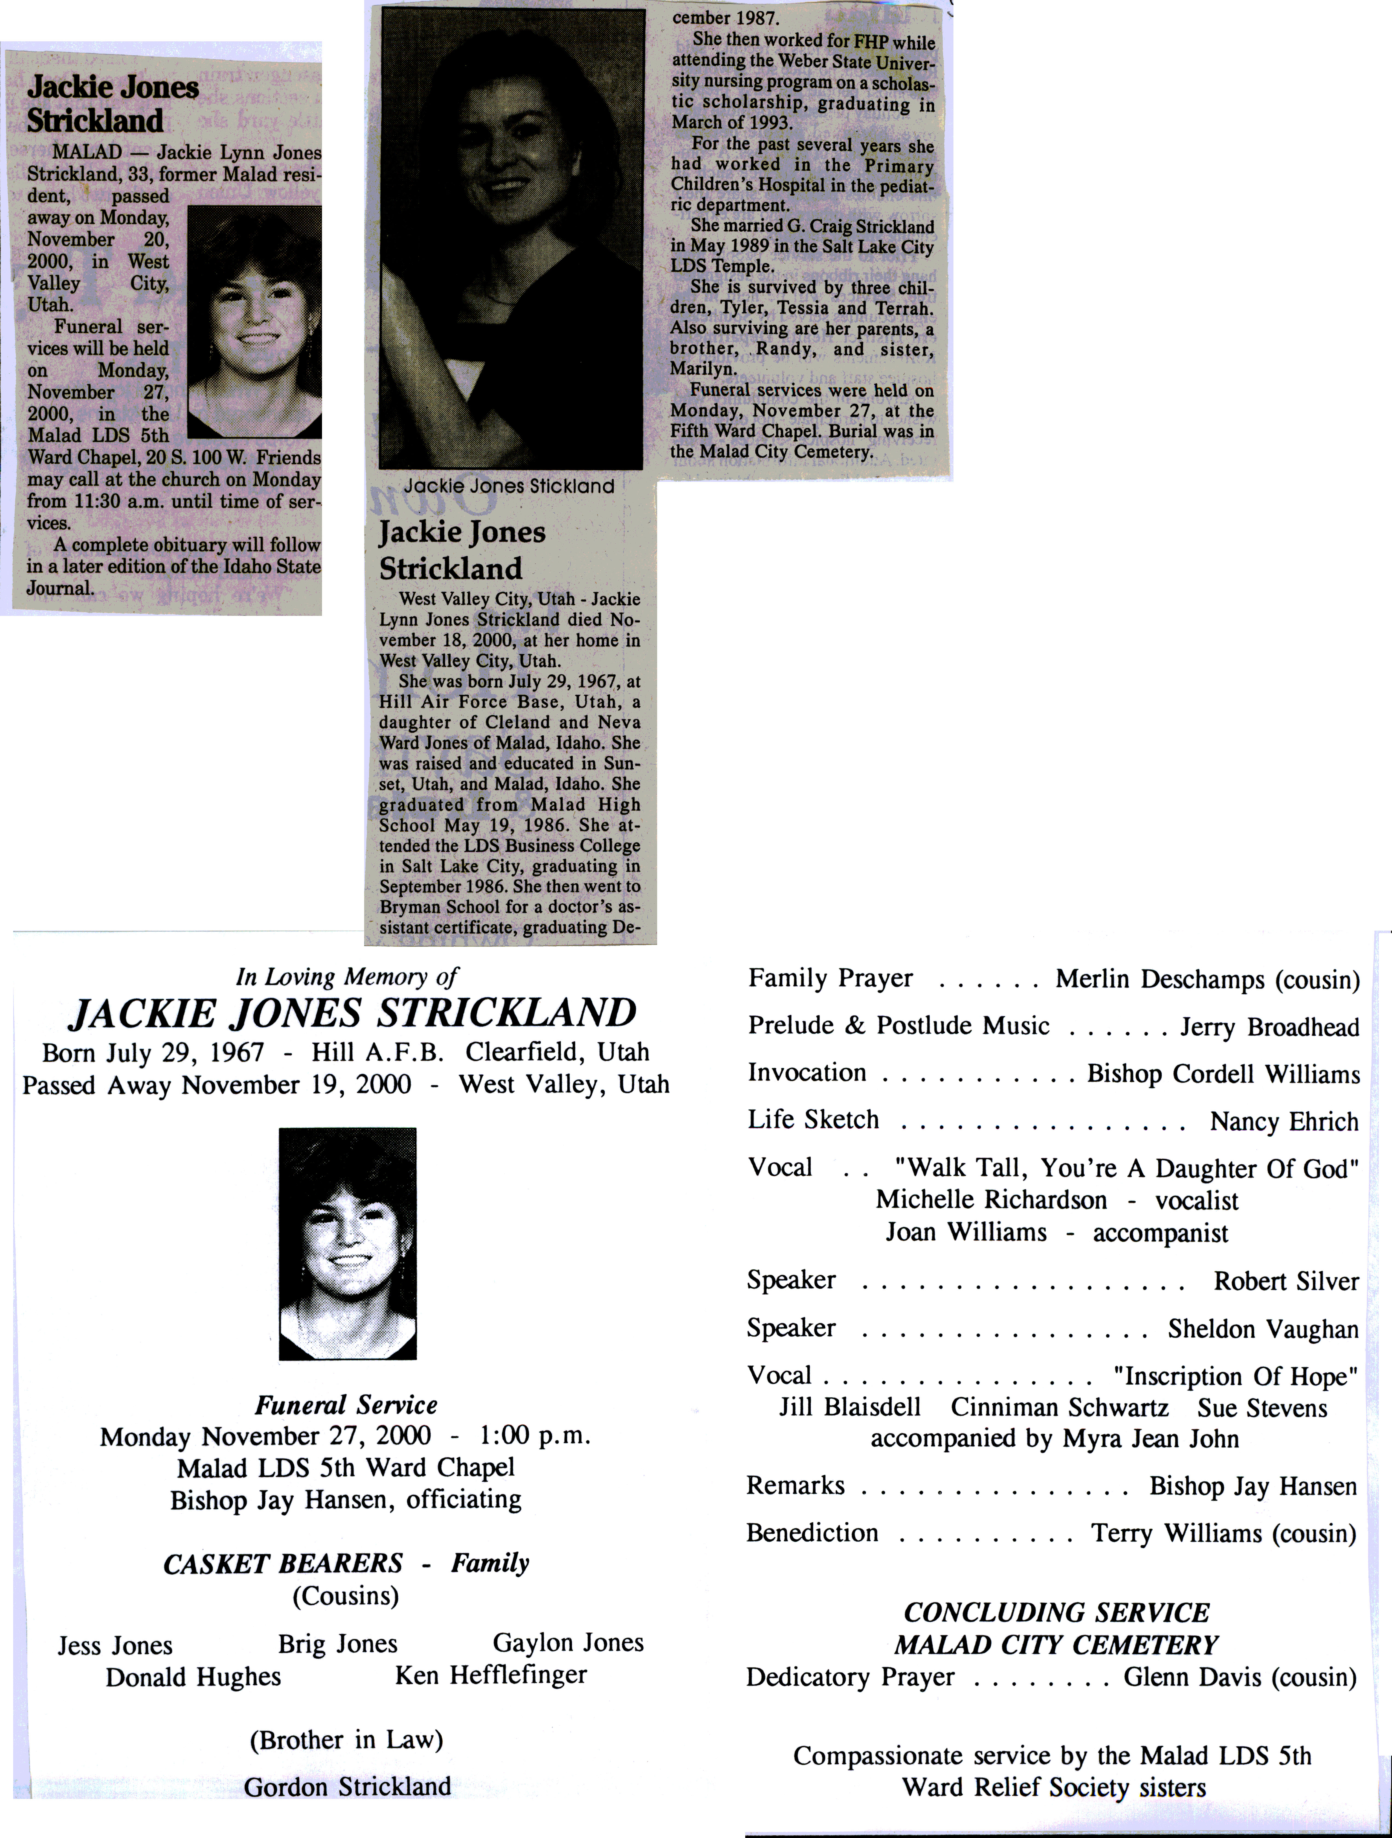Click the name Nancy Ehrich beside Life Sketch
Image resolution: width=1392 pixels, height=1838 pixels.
pos(1283,1122)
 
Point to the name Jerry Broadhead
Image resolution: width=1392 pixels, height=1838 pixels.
pos(1269,1028)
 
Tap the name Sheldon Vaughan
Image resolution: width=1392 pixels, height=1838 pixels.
pos(1262,1329)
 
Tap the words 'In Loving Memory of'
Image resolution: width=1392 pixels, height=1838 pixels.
pos(347,976)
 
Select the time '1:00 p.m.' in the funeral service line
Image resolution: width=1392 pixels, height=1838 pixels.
pos(534,1436)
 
